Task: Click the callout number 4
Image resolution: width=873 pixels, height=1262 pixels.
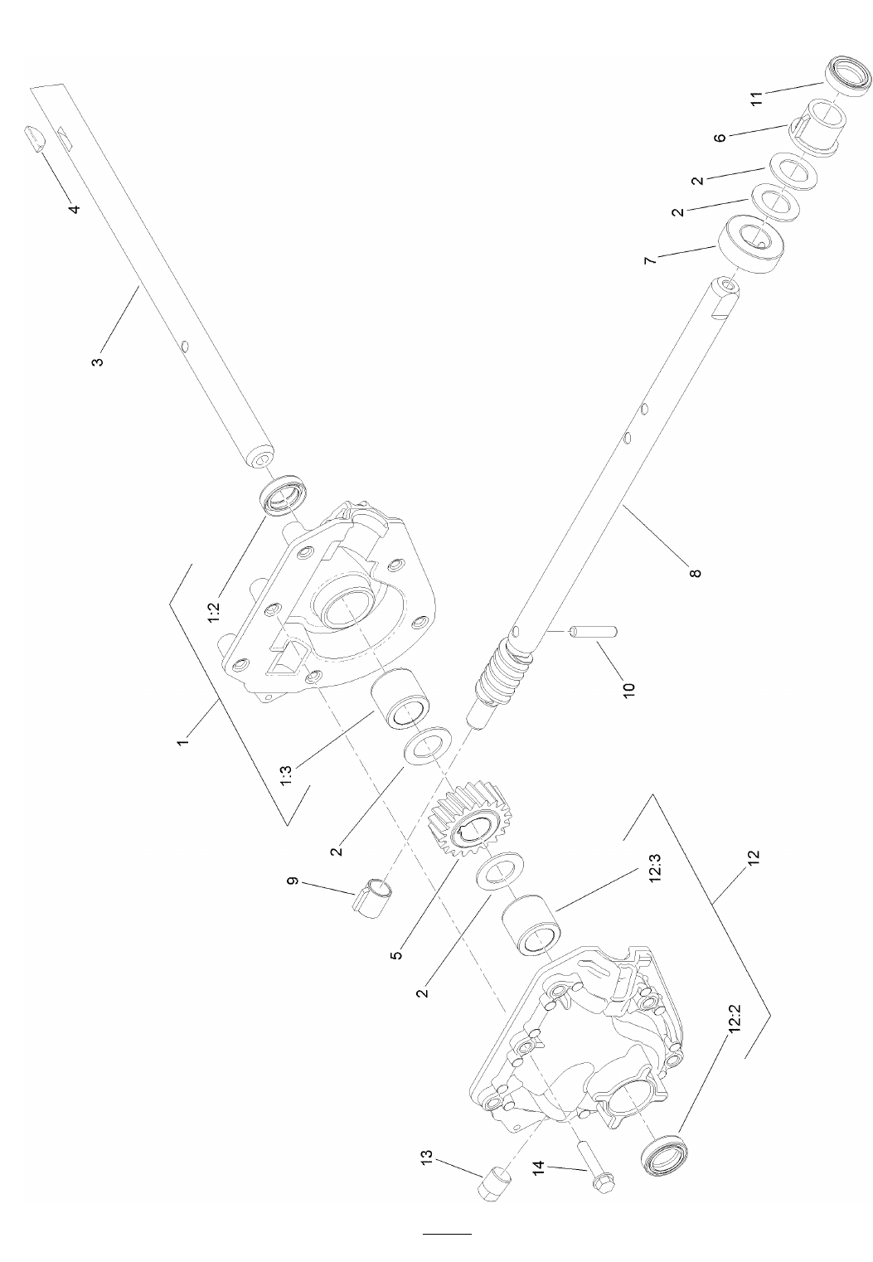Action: pyautogui.click(x=74, y=208)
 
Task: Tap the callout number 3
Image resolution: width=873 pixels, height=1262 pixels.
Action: pyautogui.click(x=98, y=359)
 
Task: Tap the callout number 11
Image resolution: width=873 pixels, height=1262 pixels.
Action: pyautogui.click(x=758, y=98)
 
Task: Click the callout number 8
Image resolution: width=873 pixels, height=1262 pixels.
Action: pyautogui.click(x=696, y=572)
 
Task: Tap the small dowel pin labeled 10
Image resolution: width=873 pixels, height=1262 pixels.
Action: pyautogui.click(x=594, y=631)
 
